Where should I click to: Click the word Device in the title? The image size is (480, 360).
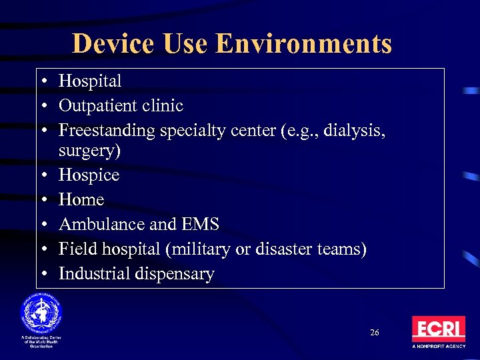tap(112, 43)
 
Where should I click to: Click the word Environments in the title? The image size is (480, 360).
tap(304, 43)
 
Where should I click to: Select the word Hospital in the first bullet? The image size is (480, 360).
tap(90, 81)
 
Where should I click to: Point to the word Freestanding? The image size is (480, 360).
tap(107, 131)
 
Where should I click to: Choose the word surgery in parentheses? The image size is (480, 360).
tap(89, 151)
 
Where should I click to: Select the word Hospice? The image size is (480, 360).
tap(89, 175)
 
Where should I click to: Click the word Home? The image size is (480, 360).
tap(81, 199)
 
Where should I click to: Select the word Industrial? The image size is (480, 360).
tap(94, 273)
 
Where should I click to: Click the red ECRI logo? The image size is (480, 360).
tap(438, 329)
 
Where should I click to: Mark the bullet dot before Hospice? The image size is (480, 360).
tap(43, 175)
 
